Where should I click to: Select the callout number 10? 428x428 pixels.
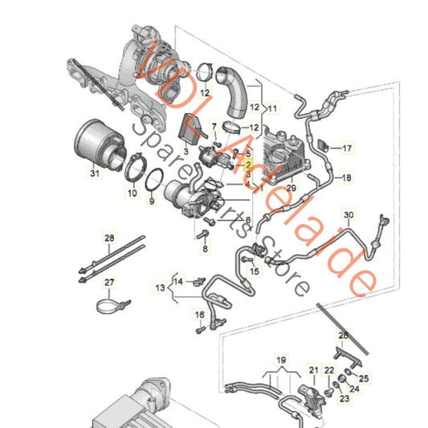pyautogui.click(x=132, y=194)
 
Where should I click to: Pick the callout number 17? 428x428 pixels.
pyautogui.click(x=348, y=148)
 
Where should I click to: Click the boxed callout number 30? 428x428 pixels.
pyautogui.click(x=348, y=216)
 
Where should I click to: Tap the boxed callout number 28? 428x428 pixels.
pyautogui.click(x=109, y=238)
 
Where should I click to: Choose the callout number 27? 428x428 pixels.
pyautogui.click(x=109, y=281)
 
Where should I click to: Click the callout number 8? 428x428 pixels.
pyautogui.click(x=204, y=250)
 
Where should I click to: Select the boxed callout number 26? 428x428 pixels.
pyautogui.click(x=343, y=335)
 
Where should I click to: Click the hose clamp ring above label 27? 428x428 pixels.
pyautogui.click(x=109, y=304)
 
